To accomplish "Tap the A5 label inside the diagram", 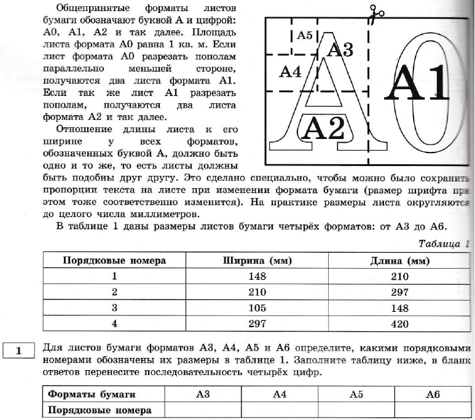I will pyautogui.click(x=305, y=36).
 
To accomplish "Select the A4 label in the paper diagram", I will pyautogui.click(x=289, y=72).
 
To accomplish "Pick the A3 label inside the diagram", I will pyautogui.click(x=340, y=50).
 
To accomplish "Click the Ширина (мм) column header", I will pyautogui.click(x=257, y=260).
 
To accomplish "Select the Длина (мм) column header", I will pyautogui.click(x=399, y=260).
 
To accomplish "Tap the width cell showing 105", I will pyautogui.click(x=257, y=307).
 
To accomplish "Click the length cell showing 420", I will pyautogui.click(x=399, y=323).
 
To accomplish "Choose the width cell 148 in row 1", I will pyautogui.click(x=257, y=276).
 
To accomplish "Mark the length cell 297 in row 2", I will pyautogui.click(x=399, y=292).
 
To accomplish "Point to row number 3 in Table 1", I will pyautogui.click(x=114, y=307).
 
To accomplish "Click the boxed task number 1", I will pyautogui.click(x=18, y=351).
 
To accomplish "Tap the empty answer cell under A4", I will pyautogui.click(x=280, y=409).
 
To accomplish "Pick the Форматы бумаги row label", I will pyautogui.click(x=92, y=394).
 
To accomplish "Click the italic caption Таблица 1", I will pyautogui.click(x=443, y=244).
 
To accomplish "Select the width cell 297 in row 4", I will pyautogui.click(x=257, y=323).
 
